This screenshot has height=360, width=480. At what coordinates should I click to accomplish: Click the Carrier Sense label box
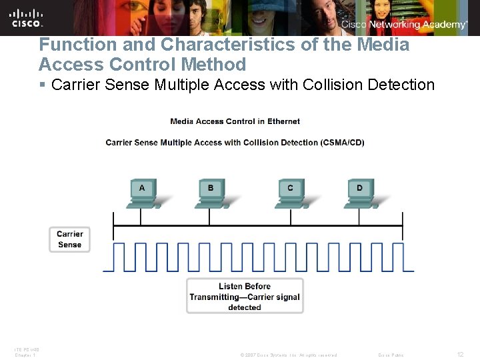(69, 239)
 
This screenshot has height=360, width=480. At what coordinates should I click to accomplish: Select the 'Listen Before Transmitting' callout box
(245, 296)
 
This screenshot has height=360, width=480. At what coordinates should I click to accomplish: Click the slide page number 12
(460, 355)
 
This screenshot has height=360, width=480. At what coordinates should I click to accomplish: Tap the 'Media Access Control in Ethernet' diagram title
(235, 121)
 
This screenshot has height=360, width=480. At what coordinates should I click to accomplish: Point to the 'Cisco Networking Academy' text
(405, 25)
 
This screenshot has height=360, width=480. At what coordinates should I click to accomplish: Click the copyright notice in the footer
(288, 355)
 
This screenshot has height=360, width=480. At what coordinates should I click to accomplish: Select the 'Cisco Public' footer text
(391, 355)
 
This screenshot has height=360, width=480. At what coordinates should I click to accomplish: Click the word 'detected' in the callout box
(245, 307)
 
